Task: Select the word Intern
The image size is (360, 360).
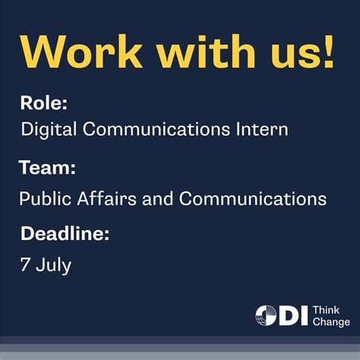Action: (x=263, y=130)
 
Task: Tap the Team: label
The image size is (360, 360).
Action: (x=47, y=167)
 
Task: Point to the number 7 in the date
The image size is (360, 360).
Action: (x=25, y=266)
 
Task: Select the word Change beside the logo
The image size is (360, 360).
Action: (x=331, y=322)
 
